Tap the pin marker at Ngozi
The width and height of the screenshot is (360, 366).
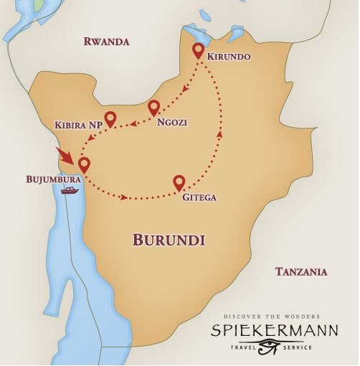coord(153,108)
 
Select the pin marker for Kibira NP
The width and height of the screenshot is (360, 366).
coord(110,118)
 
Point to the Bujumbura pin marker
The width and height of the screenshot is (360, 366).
coord(85,165)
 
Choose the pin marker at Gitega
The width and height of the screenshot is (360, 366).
coord(179,182)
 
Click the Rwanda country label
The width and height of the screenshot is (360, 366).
coord(106,42)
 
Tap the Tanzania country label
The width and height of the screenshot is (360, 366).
coord(301,271)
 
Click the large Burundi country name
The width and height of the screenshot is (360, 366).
coord(169,240)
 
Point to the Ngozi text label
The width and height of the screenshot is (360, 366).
coord(172,122)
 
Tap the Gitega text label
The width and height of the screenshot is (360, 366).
coord(200,197)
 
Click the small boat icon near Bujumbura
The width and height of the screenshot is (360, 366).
coord(70,190)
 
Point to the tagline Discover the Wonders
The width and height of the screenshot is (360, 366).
coord(272,316)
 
